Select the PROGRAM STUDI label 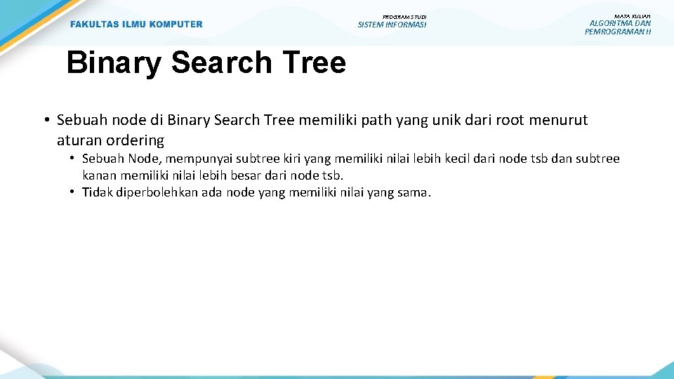pyautogui.click(x=404, y=17)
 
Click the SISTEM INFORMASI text pyautogui.click(x=392, y=25)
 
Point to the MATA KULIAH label pyautogui.click(x=633, y=16)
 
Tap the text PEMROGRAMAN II pyautogui.click(x=618, y=32)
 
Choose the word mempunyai pyautogui.click(x=194, y=159)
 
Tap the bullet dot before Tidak pyautogui.click(x=73, y=192)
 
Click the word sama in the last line pyautogui.click(x=413, y=192)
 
